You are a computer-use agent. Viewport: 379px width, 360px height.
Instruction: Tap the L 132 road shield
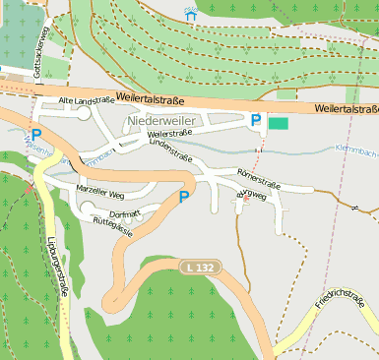[197, 267]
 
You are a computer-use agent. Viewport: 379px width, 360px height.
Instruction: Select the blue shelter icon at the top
[191, 15]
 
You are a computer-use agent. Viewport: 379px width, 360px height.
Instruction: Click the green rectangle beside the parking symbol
[280, 123]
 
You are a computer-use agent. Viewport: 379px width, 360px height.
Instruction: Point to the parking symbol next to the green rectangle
[256, 120]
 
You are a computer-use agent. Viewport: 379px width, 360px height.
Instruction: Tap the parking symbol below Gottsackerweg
[36, 135]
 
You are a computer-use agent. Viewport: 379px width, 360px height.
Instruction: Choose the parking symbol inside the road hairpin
[183, 198]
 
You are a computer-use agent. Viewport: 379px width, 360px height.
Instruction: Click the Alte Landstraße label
[87, 100]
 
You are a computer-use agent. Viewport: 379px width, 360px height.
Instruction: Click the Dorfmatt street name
[125, 212]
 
